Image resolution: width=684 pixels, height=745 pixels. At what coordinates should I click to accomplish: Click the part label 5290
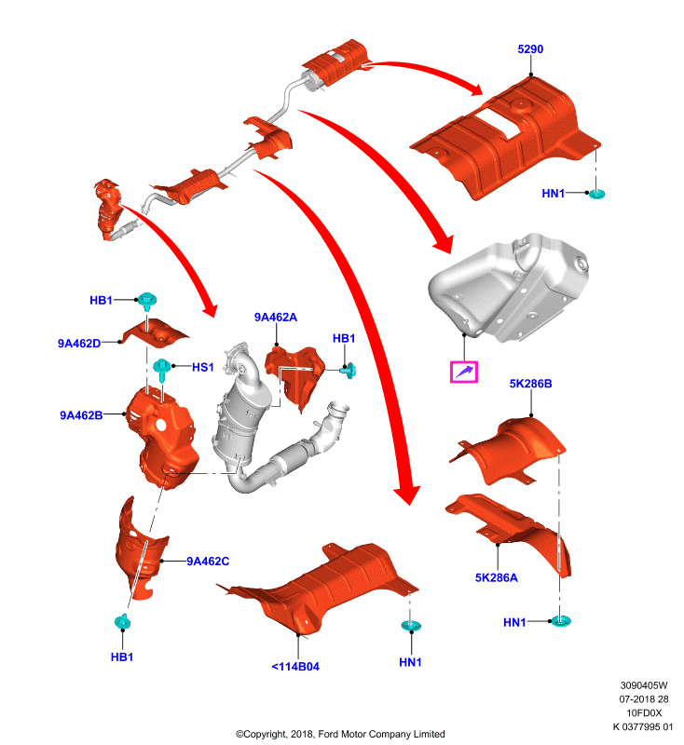[x=530, y=49]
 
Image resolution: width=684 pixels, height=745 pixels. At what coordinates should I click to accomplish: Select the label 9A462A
[x=276, y=317]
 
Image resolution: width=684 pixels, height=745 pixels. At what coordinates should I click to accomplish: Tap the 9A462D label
[x=79, y=344]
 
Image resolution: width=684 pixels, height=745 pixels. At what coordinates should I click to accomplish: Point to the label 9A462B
[x=81, y=415]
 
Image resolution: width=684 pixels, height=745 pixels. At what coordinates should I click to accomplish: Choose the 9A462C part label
[x=208, y=562]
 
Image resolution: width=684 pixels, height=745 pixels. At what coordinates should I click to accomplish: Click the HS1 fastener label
[x=203, y=367]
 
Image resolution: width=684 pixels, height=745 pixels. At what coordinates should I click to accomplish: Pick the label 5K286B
[x=530, y=384]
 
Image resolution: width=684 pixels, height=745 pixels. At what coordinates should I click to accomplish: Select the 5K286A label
[x=497, y=577]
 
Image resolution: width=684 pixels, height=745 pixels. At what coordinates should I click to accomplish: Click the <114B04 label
[x=295, y=667]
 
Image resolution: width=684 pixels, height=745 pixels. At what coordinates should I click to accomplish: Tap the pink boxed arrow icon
[x=464, y=372]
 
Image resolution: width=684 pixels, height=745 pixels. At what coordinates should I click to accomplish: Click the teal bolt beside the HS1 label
[x=162, y=369]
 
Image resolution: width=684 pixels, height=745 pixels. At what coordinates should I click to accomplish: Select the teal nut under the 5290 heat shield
[x=596, y=194]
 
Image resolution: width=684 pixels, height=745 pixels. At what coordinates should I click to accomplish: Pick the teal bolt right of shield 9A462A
[x=349, y=370]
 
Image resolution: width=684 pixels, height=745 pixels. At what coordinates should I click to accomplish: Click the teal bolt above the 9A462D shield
[x=147, y=301]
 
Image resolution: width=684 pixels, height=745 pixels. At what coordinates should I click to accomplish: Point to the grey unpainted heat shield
[x=509, y=287]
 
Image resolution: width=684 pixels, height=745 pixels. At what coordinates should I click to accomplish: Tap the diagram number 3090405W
[x=644, y=685]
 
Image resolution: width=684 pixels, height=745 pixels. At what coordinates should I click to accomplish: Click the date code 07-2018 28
[x=644, y=699]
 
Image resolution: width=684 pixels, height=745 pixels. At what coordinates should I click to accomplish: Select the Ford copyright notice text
[x=340, y=734]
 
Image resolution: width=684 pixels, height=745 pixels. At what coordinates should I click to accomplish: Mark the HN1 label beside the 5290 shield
[x=554, y=194]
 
